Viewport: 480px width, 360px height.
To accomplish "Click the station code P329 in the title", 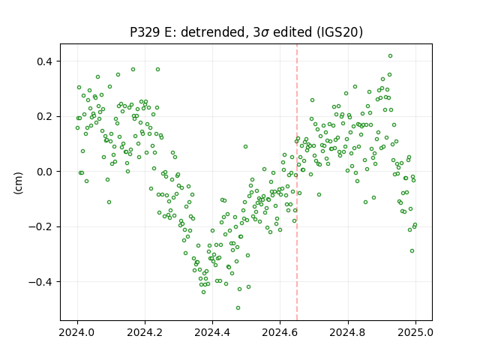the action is pos(144,32).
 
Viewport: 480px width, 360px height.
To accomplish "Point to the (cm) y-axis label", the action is pos(18,183).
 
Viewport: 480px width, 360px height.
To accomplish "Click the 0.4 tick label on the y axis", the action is pos(45,61).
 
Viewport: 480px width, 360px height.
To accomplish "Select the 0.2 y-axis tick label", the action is pos(45,117).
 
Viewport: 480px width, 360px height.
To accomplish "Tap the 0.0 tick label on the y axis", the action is pos(45,172).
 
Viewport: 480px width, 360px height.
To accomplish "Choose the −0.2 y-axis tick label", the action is pos(40,226).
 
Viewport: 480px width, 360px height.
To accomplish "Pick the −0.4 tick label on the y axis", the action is pos(40,282).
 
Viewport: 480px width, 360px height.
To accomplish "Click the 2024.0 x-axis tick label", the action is pos(77,332).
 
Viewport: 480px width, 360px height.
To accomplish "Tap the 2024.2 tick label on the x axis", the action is pos(145,332).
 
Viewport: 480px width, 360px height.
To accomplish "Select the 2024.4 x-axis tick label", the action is pos(212,332).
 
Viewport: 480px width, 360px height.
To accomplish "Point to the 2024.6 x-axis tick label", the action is pos(280,332).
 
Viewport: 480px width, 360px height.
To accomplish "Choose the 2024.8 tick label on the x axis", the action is pos(348,332).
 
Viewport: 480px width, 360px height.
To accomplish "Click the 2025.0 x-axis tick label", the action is pos(415,332).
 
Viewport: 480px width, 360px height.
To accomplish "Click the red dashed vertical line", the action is pos(297,182).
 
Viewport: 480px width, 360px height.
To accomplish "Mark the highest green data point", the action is pos(390,56).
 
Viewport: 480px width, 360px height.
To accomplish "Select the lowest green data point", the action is pos(238,308).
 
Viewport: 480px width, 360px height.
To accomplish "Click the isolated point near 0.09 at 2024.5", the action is pos(245,147).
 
